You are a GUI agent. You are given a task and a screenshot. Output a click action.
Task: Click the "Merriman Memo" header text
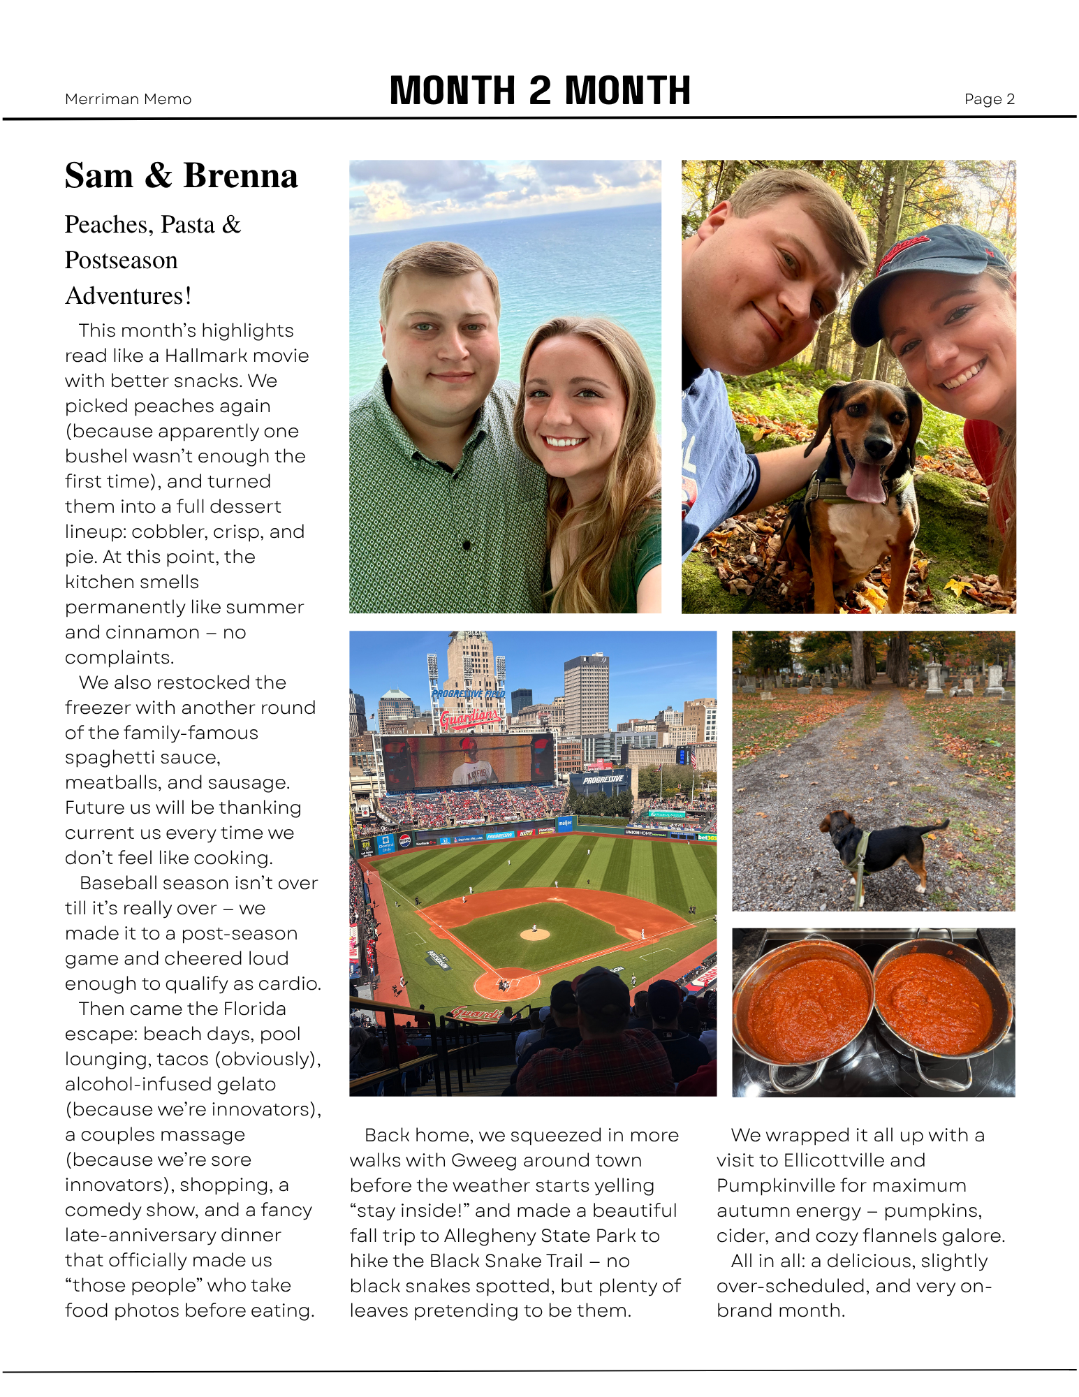(x=128, y=99)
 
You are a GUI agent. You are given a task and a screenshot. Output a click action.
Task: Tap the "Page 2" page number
(x=989, y=99)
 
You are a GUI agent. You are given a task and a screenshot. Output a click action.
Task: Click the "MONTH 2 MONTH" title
(x=540, y=91)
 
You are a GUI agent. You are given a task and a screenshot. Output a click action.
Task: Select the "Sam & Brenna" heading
(x=182, y=176)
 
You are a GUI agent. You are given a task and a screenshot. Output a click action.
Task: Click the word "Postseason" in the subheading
(x=122, y=261)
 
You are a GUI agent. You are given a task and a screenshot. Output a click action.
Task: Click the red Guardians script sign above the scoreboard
(x=471, y=717)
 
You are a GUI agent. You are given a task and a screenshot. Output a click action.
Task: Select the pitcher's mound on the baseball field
(x=535, y=934)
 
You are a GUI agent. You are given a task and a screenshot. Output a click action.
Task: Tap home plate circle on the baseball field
(x=506, y=983)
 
